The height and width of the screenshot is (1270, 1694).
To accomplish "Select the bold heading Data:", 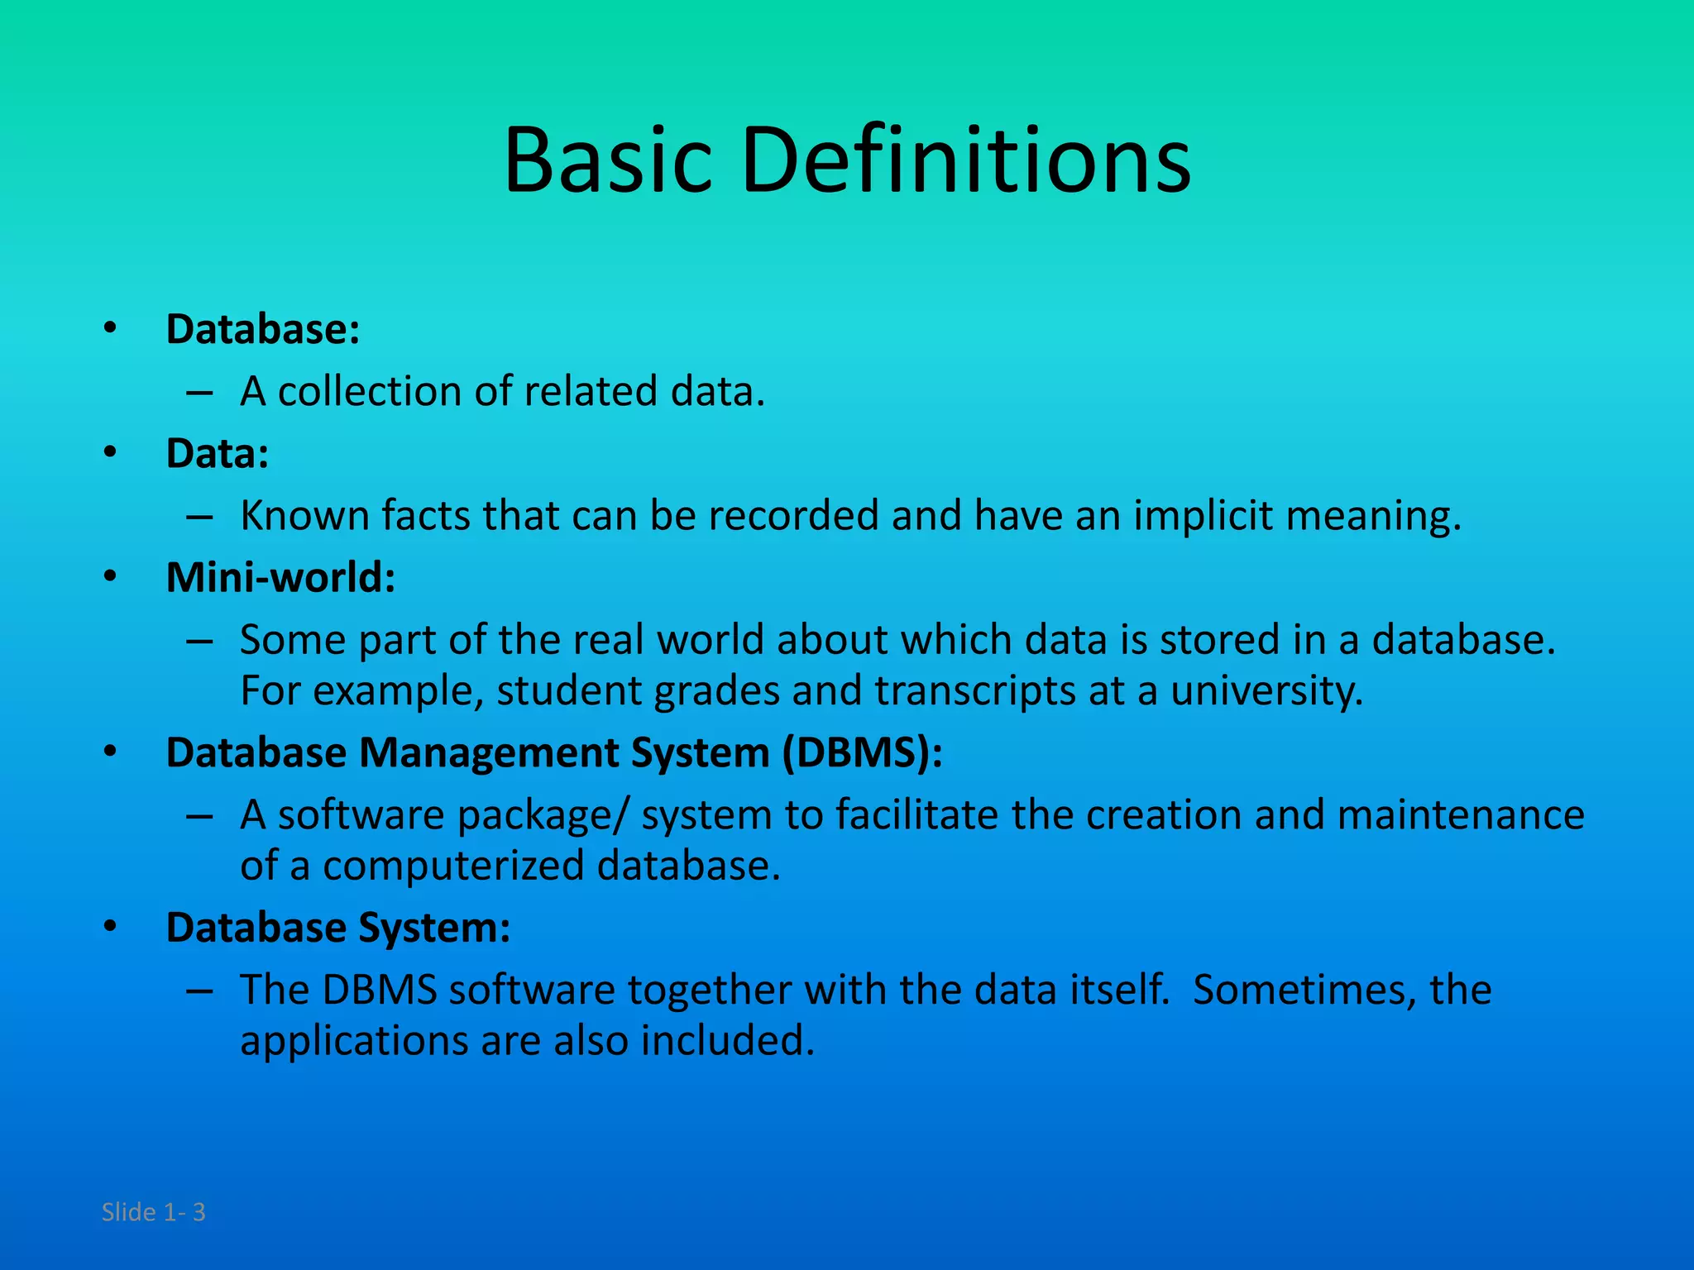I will tap(218, 454).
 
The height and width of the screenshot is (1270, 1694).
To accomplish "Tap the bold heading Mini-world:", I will tap(280, 578).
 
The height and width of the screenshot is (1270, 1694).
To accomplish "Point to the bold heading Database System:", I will tap(337, 928).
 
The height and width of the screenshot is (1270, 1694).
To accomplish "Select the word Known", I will tap(304, 516).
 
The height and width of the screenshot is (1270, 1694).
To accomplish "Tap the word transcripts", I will tap(975, 691).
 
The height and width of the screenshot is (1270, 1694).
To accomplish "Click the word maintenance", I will tap(1460, 815).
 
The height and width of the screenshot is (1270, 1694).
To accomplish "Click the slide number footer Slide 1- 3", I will tap(153, 1212).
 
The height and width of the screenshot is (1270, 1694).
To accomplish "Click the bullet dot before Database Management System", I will tap(111, 752).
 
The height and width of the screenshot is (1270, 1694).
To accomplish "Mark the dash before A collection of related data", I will tap(199, 392).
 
